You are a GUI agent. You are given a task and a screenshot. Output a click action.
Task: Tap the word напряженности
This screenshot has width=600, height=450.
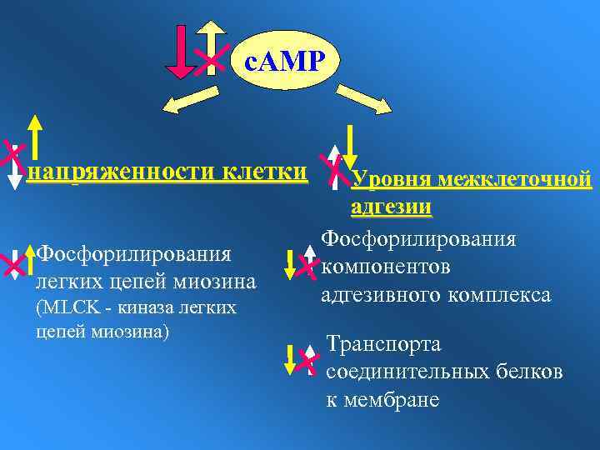(116, 173)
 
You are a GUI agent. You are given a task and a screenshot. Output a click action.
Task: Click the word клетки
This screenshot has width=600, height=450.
(264, 172)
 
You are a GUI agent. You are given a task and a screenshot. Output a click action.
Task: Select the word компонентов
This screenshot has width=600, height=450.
(386, 267)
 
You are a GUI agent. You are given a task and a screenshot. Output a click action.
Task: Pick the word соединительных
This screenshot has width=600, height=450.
(406, 372)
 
